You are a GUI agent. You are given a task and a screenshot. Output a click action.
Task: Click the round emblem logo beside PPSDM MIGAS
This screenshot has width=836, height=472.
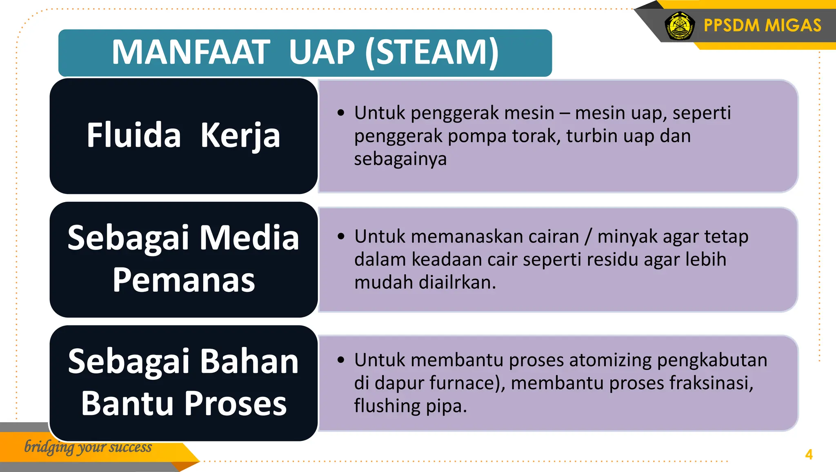(x=680, y=26)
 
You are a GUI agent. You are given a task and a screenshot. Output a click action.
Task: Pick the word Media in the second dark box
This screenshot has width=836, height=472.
(x=249, y=238)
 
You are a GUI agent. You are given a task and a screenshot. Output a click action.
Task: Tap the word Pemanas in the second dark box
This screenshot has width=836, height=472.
(x=184, y=280)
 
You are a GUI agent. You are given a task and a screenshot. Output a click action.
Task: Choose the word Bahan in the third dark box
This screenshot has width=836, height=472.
(x=249, y=362)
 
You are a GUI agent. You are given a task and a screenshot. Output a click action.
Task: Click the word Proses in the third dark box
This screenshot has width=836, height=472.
(x=236, y=403)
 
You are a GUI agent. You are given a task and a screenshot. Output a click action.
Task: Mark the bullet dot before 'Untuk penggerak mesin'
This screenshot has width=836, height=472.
(x=341, y=113)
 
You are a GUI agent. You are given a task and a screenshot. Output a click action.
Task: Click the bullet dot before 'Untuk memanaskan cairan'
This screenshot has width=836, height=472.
(x=341, y=236)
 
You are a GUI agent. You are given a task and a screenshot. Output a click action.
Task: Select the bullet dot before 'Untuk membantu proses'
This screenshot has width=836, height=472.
(x=341, y=360)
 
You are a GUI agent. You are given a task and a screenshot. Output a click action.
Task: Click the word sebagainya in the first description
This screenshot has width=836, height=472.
(x=400, y=159)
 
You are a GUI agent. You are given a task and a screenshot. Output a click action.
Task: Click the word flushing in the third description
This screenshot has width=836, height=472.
(x=387, y=406)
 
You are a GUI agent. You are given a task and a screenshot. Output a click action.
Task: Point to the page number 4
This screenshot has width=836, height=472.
(x=809, y=454)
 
